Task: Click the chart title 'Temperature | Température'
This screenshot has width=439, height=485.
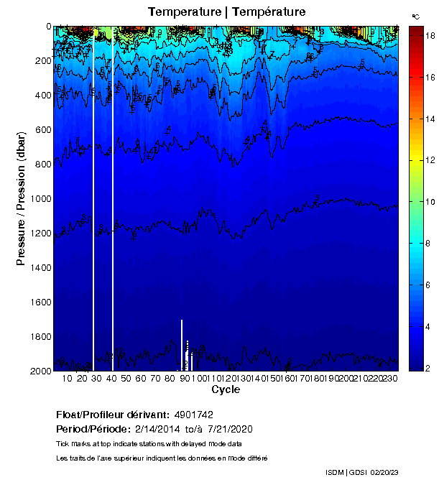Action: click(226, 12)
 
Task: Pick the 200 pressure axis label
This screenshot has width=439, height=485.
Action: click(42, 61)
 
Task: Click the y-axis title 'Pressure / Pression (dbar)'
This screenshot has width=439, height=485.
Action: click(21, 198)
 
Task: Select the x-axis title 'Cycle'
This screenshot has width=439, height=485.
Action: click(226, 390)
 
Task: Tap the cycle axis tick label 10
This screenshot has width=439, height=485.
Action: click(67, 379)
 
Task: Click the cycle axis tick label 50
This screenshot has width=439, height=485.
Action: click(126, 379)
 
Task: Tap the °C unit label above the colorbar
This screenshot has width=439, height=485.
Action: click(416, 15)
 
